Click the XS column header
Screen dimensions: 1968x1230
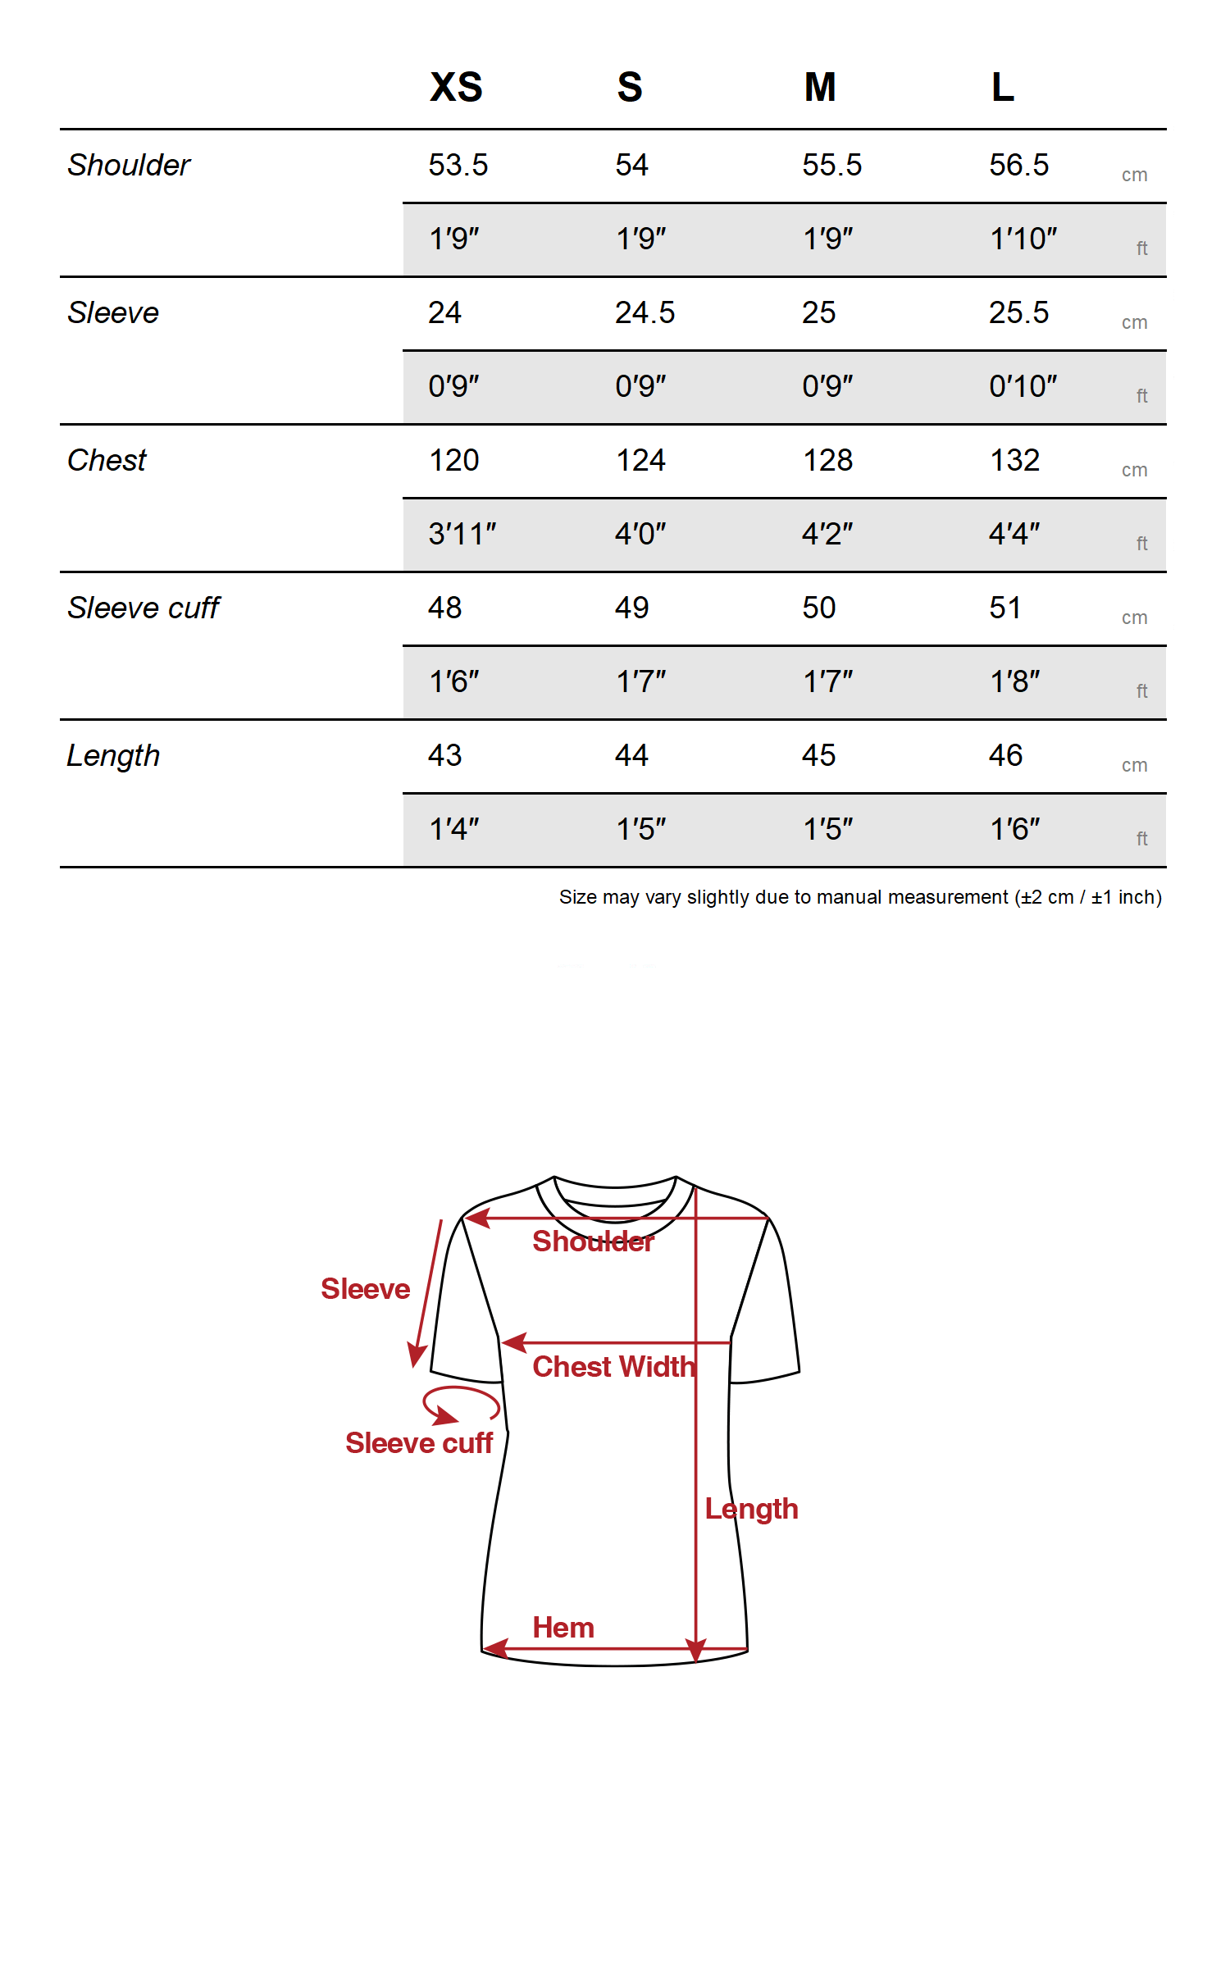[x=456, y=87]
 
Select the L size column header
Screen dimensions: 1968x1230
[x=1002, y=87]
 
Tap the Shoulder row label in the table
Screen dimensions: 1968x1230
[x=129, y=165]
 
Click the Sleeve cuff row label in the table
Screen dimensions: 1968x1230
[x=143, y=608]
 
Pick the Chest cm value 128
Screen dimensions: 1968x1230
[x=827, y=460]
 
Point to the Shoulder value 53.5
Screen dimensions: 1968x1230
[x=458, y=165]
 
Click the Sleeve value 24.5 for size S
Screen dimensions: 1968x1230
[x=645, y=312]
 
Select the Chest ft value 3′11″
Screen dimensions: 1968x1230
[x=462, y=534]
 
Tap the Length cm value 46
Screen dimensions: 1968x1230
[x=1005, y=755]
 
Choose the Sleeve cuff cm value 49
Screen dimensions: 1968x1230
[x=631, y=608]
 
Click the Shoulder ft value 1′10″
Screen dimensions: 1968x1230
[x=1023, y=239]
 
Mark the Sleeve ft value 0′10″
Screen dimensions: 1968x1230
[x=1023, y=386]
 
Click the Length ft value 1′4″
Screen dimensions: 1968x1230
[x=453, y=829]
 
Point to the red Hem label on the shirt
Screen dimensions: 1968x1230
[x=563, y=1628]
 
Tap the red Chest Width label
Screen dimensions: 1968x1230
[x=613, y=1367]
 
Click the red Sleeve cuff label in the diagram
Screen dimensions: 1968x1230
[x=419, y=1443]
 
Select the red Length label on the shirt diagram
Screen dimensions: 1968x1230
[x=751, y=1509]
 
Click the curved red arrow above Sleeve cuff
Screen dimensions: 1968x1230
[x=460, y=1403]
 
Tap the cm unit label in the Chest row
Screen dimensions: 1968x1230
[x=1134, y=470]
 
